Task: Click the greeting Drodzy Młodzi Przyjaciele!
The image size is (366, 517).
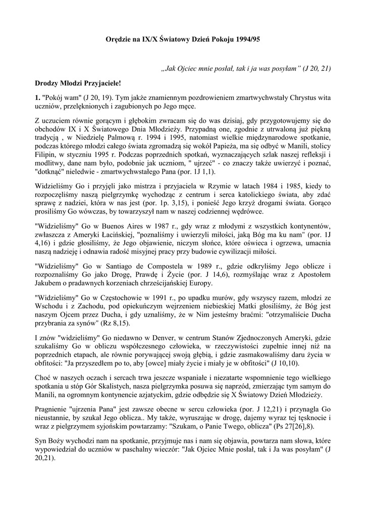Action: click(x=78, y=82)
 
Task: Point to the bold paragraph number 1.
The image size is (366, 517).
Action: click(x=37, y=96)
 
